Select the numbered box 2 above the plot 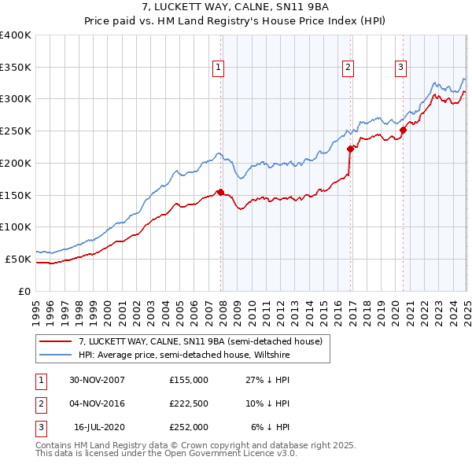click(x=348, y=68)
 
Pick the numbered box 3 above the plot click(x=400, y=68)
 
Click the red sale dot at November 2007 click(x=220, y=191)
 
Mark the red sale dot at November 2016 click(x=350, y=148)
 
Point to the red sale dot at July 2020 click(x=403, y=130)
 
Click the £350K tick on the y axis click(x=17, y=67)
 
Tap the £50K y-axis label click(x=20, y=259)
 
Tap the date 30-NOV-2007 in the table click(x=98, y=380)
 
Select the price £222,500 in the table click(x=189, y=403)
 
